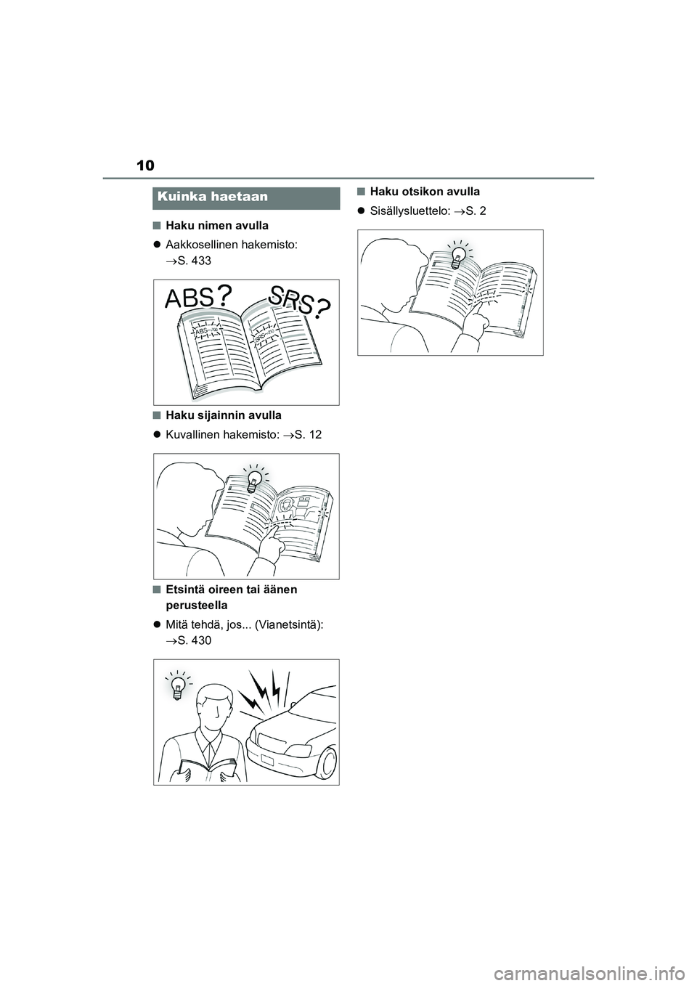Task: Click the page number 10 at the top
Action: coord(145,166)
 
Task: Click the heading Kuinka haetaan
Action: coord(213,196)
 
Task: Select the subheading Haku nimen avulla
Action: coord(217,225)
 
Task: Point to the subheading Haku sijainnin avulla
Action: coord(224,415)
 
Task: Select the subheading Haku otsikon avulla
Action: coord(425,192)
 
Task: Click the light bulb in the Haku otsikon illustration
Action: coord(458,256)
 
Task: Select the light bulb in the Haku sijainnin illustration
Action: coord(254,480)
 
